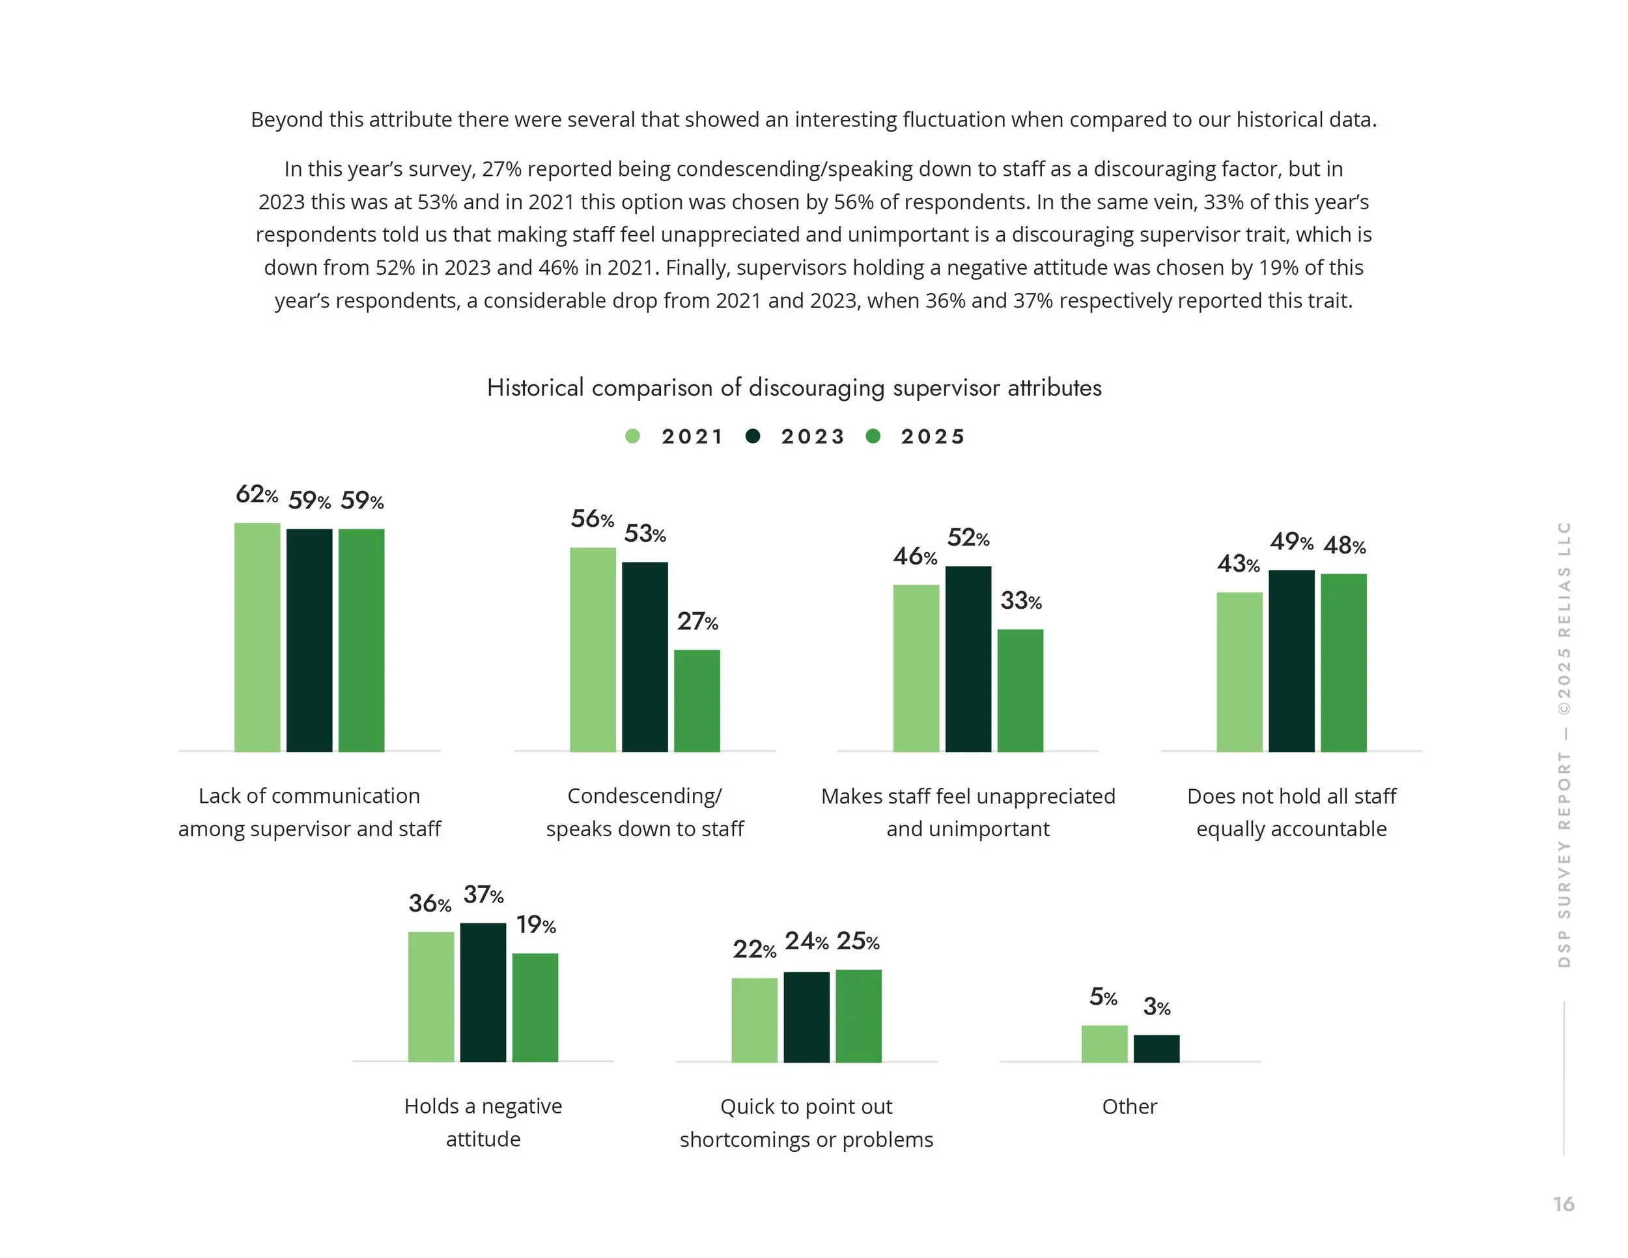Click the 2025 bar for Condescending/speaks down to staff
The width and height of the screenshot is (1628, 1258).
[697, 701]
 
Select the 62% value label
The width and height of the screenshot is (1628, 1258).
[257, 494]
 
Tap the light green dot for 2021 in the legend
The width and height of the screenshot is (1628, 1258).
[632, 437]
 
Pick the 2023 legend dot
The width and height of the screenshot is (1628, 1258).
[753, 437]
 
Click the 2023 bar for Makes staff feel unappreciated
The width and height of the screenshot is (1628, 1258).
[968, 659]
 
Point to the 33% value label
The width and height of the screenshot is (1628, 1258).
[1020, 601]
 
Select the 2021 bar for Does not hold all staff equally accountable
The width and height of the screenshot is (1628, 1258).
[1239, 671]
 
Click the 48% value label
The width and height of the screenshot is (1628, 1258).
[1344, 546]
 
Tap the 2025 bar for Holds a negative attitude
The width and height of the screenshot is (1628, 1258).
[535, 1007]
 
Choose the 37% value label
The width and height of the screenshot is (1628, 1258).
[483, 894]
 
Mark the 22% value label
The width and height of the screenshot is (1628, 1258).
[753, 949]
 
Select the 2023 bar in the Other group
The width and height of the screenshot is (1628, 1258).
[1156, 1048]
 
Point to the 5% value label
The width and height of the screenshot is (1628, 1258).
[1103, 997]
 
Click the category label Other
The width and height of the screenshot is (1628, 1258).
[1129, 1107]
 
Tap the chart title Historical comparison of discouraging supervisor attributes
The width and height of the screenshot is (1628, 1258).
[794, 387]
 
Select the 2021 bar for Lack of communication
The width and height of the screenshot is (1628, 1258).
[257, 637]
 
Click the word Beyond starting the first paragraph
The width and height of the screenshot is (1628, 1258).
[277, 120]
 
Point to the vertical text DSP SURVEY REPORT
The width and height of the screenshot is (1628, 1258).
[1564, 857]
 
